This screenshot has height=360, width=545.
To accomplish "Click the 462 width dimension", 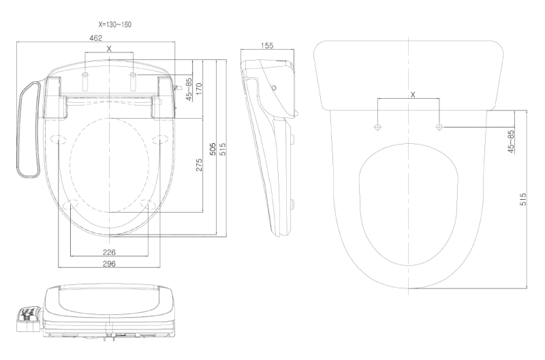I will tap(96, 38).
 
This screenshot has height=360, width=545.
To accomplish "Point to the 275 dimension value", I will tap(199, 165).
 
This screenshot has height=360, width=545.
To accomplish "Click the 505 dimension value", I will tap(213, 149).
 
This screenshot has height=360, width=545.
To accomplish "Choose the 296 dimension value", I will tap(109, 263).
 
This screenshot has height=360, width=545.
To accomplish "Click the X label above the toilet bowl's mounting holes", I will tap(413, 95).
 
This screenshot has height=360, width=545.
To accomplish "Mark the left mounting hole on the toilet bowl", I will tap(378, 127).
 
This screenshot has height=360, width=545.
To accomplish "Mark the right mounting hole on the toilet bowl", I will tap(439, 127).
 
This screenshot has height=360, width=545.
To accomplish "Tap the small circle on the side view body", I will tap(274, 88).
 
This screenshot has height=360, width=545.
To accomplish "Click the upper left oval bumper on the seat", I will tap(57, 138).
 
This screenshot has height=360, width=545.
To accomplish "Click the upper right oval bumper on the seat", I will tap(161, 138).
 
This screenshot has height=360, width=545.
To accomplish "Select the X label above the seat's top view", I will tap(109, 48).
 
